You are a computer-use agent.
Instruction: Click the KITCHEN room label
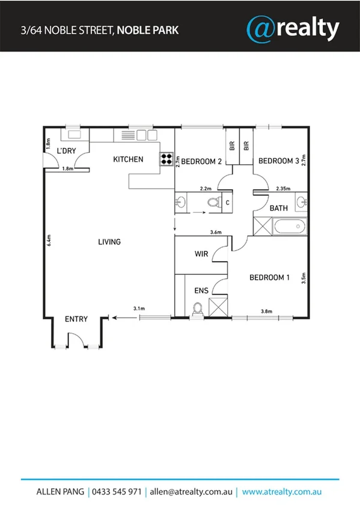[x=129, y=159]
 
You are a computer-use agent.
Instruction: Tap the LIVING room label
[x=109, y=242]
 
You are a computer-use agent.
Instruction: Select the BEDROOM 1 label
[x=270, y=277]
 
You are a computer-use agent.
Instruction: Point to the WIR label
[x=202, y=254]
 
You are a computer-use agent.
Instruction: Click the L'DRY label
[x=66, y=151]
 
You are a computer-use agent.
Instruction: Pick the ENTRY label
[x=76, y=319]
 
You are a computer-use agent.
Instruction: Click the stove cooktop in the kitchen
[x=166, y=159]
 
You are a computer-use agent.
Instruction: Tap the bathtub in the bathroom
[x=290, y=228]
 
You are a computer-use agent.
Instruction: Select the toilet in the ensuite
[x=196, y=309]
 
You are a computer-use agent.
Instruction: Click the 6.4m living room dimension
[x=48, y=241]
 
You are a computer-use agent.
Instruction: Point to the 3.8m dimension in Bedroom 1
[x=267, y=312]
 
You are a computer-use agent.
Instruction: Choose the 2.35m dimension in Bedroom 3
[x=283, y=188]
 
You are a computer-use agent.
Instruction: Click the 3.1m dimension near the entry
[x=139, y=309]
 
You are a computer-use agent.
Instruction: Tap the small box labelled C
[x=227, y=203]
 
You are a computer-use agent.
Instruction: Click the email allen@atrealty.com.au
[x=191, y=491]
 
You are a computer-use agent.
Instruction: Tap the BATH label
[x=279, y=208]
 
